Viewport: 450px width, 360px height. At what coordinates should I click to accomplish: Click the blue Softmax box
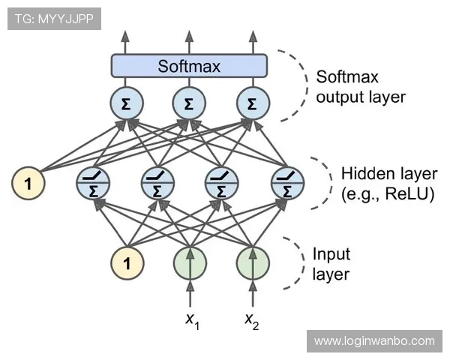pyautogui.click(x=189, y=66)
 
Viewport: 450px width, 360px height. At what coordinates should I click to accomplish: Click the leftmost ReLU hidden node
pyautogui.click(x=94, y=182)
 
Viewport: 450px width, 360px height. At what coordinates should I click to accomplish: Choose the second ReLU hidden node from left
pyautogui.click(x=157, y=182)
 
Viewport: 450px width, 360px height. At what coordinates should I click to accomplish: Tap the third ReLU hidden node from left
pyautogui.click(x=221, y=182)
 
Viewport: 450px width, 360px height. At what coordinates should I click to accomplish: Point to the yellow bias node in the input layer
pyautogui.click(x=127, y=263)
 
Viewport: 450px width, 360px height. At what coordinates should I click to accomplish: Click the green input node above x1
pyautogui.click(x=190, y=263)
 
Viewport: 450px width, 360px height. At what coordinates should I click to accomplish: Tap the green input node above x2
pyautogui.click(x=253, y=263)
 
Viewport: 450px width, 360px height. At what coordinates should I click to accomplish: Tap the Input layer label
pyautogui.click(x=331, y=263)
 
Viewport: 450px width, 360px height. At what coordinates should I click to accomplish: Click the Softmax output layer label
pyautogui.click(x=359, y=87)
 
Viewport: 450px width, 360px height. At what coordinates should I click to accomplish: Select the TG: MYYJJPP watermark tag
pyautogui.click(x=54, y=19)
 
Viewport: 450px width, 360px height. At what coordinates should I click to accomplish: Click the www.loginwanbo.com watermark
pyautogui.click(x=374, y=341)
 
